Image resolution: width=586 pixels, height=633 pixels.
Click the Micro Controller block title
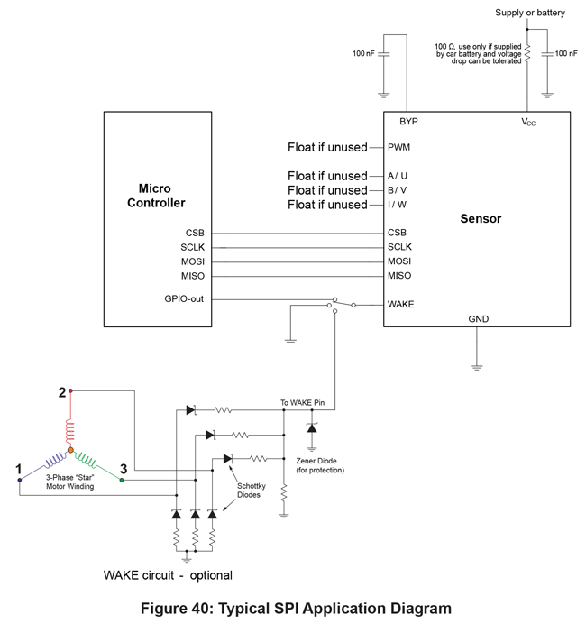tap(156, 196)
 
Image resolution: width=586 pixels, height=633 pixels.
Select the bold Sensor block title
tap(481, 218)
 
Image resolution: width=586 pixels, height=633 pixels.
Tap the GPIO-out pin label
tap(184, 298)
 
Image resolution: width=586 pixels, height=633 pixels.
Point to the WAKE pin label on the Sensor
tap(401, 304)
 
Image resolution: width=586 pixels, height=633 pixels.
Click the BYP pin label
tap(408, 122)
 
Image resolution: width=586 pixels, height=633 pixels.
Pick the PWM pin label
tap(398, 147)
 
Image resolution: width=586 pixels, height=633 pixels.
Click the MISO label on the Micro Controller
tap(193, 276)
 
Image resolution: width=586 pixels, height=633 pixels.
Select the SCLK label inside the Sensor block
tap(399, 247)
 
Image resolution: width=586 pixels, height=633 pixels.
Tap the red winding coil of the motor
tap(70, 431)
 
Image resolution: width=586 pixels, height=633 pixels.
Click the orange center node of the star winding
tap(70, 450)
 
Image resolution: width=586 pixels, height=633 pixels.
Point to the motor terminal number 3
tap(124, 469)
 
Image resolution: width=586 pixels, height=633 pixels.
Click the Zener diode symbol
tap(312, 428)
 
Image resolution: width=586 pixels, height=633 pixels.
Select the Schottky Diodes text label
tap(251, 491)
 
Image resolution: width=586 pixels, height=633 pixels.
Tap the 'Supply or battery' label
tap(530, 13)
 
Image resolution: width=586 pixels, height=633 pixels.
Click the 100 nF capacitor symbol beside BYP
tap(384, 54)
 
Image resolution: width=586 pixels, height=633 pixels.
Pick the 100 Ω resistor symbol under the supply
tap(527, 53)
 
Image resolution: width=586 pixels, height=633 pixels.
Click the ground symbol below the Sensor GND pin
tap(477, 367)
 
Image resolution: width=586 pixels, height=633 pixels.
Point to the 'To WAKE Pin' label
tap(302, 402)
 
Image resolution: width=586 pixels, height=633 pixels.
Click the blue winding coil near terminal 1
tap(55, 460)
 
